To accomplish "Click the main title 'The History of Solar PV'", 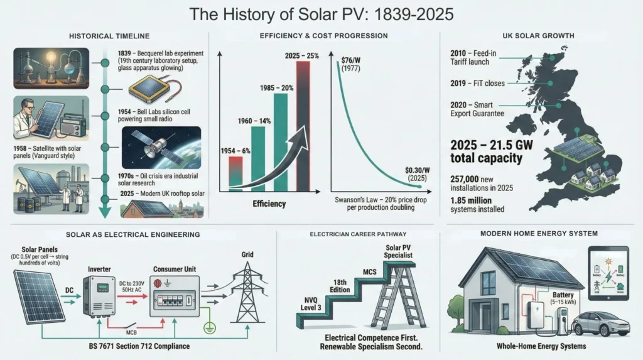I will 321,13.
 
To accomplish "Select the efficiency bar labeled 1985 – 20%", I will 281,145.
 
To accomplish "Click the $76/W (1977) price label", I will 350,65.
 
